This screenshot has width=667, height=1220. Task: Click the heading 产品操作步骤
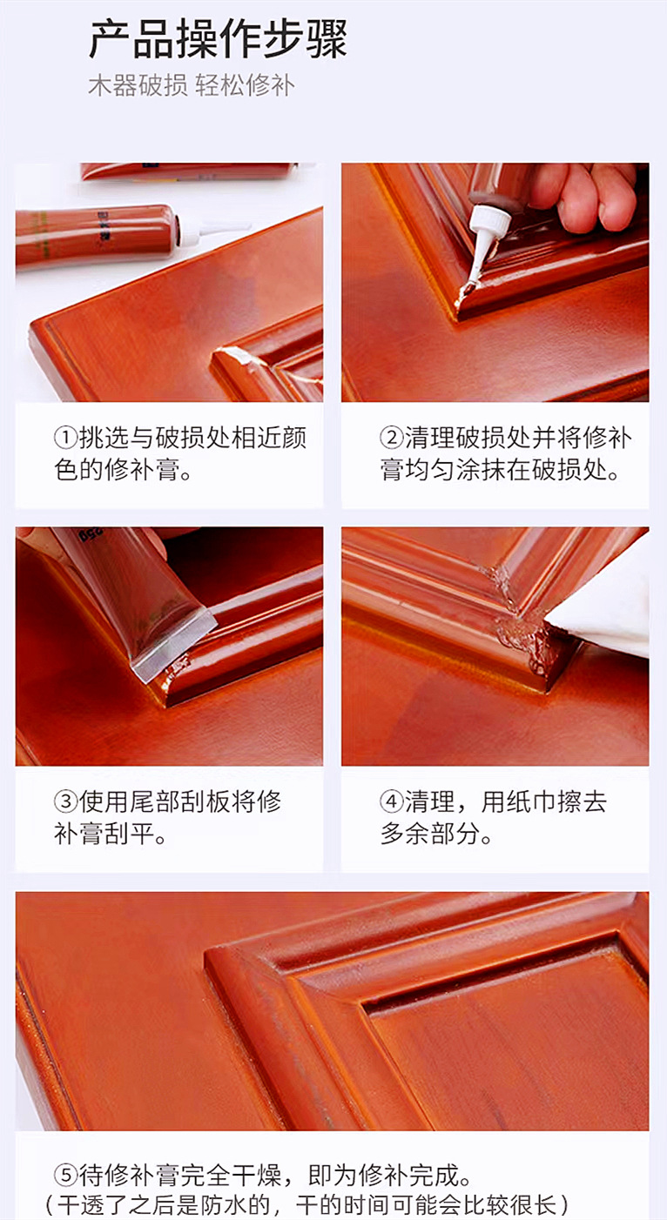(x=218, y=39)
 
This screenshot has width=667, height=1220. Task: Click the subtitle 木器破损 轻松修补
(x=191, y=86)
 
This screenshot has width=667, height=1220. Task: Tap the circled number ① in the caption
(x=66, y=438)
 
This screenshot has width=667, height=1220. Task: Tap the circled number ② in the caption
(x=391, y=438)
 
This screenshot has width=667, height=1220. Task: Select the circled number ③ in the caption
(x=66, y=801)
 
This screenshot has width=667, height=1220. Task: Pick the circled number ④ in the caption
(x=391, y=801)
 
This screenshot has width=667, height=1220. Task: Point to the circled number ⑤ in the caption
(x=66, y=1176)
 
